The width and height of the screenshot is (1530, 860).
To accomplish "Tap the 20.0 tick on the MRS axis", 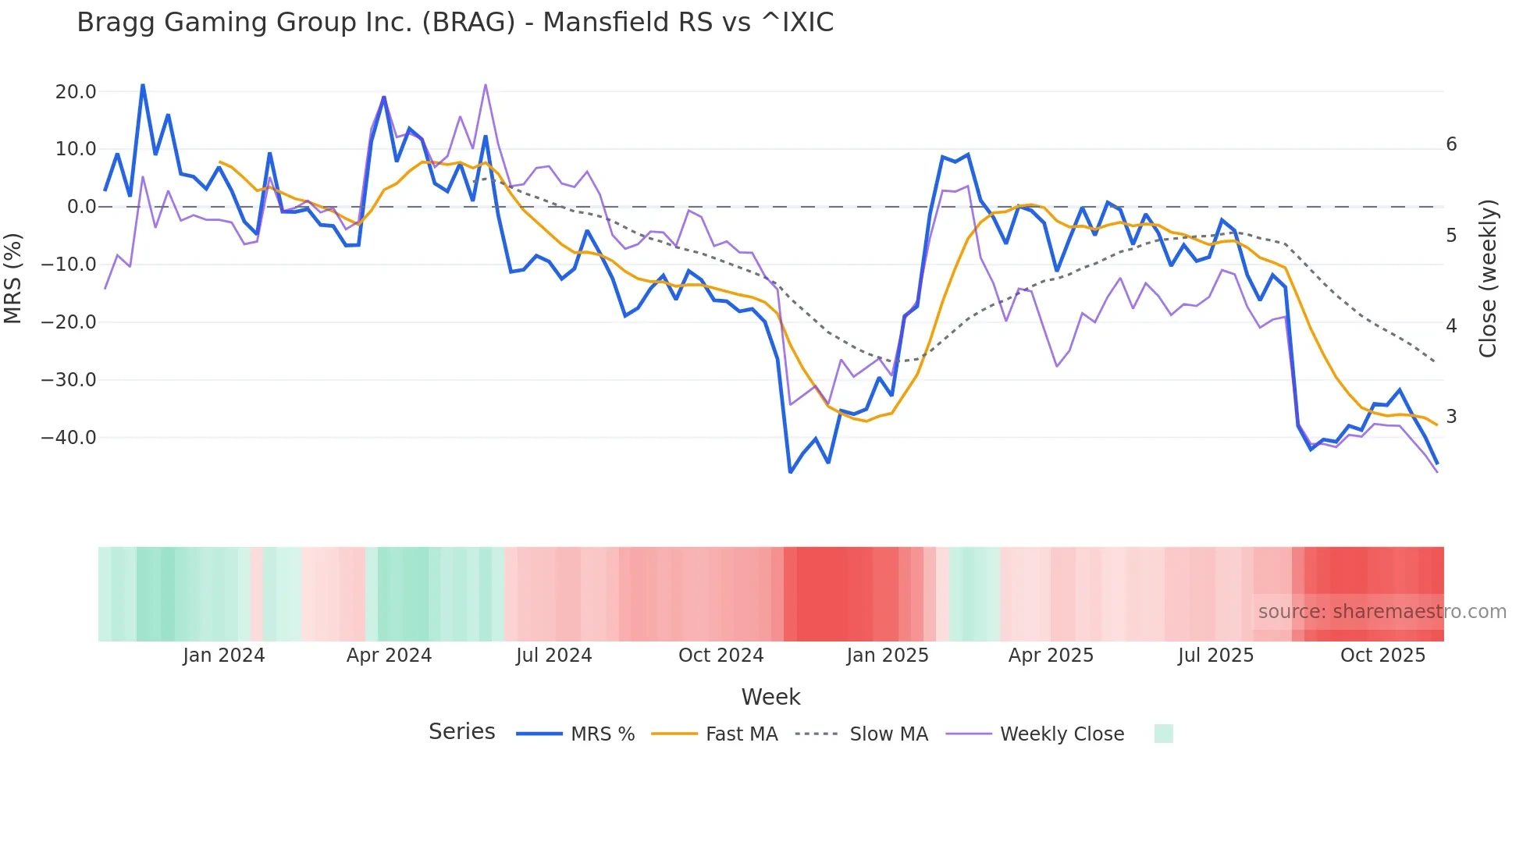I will tap(76, 92).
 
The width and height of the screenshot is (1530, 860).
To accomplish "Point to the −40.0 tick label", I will tap(69, 438).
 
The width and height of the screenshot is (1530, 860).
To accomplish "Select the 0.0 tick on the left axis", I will tap(82, 207).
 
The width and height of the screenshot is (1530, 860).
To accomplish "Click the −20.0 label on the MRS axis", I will tap(69, 322).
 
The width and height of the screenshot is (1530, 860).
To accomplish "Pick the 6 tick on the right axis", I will tap(1451, 144).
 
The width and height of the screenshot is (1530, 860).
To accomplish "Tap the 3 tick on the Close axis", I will tap(1451, 417).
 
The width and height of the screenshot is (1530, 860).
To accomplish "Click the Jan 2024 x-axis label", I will tap(224, 656).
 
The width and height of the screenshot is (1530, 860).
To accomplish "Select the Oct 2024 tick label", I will tap(721, 656).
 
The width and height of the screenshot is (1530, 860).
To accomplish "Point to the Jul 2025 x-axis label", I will tap(1215, 656).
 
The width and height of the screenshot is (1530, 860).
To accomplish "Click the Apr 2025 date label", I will tap(1051, 656).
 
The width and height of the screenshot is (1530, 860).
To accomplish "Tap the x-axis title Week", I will tap(770, 697).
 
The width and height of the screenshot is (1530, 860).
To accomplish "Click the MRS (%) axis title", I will tap(13, 278).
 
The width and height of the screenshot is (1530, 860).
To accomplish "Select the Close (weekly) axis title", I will tap(1488, 279).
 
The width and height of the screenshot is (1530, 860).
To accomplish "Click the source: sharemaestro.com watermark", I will tap(1382, 612).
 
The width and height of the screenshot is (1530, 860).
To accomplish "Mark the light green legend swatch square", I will tap(1163, 734).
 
